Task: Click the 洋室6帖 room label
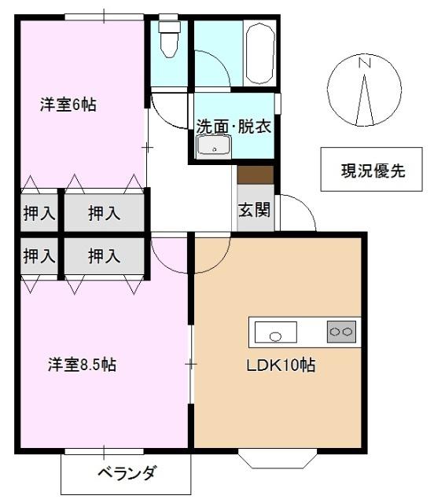point(68,105)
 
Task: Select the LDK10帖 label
point(282,365)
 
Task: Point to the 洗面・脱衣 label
point(234,126)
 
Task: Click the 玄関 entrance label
point(255,209)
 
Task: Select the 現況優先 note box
point(373,170)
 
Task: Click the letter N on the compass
point(364,63)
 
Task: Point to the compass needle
point(366,98)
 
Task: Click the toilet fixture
point(169,39)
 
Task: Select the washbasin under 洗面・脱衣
point(213,146)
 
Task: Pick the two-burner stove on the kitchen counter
point(342,332)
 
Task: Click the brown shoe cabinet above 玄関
point(255,174)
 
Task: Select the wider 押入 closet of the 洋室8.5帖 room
point(104,255)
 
